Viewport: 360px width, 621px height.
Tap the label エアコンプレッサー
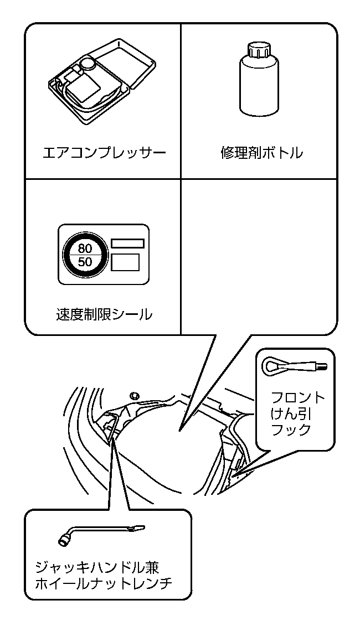point(104,153)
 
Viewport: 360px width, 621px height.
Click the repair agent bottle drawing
point(258,81)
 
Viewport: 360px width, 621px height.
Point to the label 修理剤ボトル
point(261,153)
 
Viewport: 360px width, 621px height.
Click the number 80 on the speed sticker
point(85,248)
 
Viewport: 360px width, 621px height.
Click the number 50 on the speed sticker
point(85,262)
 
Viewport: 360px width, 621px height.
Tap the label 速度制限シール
point(104,315)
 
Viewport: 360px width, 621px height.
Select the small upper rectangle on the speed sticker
point(127,242)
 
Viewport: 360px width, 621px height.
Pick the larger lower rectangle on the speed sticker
point(125,261)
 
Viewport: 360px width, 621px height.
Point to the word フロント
point(298,398)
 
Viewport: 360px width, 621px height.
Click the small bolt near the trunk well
point(133,395)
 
